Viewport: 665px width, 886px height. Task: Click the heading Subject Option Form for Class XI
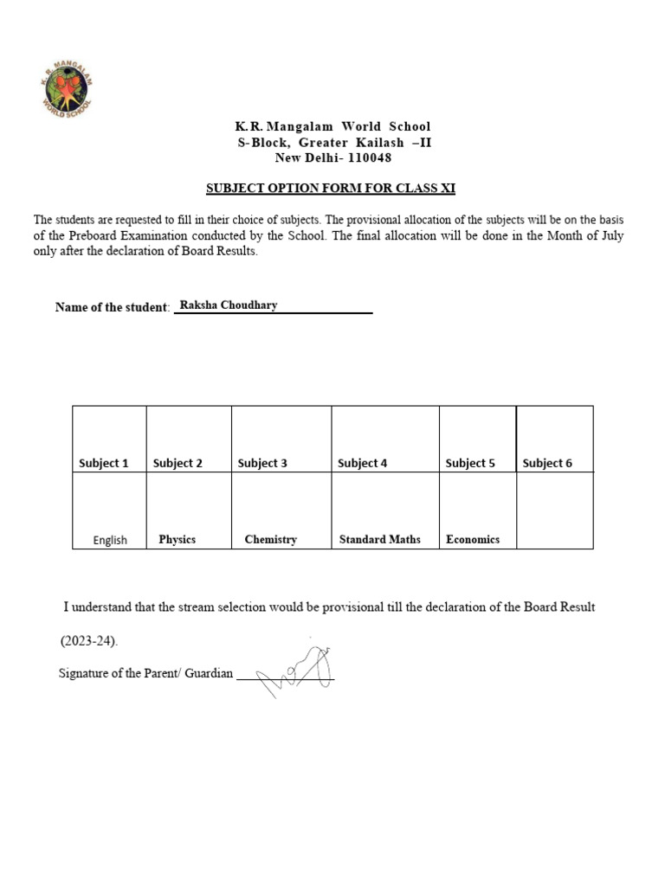pos(330,189)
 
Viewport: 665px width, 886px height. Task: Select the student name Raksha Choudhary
pos(228,305)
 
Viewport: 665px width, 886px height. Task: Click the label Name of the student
pos(111,307)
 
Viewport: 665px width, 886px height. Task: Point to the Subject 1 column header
pos(104,463)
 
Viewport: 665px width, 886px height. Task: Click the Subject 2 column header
pos(178,463)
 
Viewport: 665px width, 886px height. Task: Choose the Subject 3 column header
pos(262,463)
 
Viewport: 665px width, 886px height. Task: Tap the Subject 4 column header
pos(362,463)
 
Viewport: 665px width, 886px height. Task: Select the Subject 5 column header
pos(470,463)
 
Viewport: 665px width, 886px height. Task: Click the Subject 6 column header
pos(547,463)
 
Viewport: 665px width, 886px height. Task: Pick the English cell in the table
pos(110,540)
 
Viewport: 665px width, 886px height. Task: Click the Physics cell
pos(177,539)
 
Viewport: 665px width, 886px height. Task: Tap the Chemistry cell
pos(270,539)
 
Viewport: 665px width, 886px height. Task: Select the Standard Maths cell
pos(379,539)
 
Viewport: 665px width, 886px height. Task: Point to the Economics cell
pos(473,539)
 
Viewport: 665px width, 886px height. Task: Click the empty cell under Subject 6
pos(554,510)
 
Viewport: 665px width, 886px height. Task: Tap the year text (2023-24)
pos(88,642)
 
